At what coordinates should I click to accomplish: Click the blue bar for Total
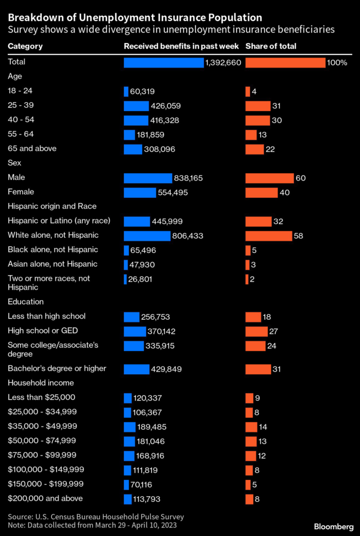click(163, 63)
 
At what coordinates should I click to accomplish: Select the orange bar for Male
click(269, 178)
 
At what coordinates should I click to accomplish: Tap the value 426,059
click(166, 106)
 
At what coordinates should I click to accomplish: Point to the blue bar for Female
click(140, 193)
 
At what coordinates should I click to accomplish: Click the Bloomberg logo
click(333, 526)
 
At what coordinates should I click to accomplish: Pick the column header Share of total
click(271, 46)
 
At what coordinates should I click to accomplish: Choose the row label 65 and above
click(32, 149)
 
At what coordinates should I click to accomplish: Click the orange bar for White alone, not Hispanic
click(268, 236)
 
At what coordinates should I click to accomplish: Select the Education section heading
click(26, 301)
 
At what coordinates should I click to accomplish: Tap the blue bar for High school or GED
click(134, 331)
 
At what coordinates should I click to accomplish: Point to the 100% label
click(337, 63)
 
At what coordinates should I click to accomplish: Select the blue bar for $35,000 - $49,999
click(129, 427)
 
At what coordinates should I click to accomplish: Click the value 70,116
click(142, 484)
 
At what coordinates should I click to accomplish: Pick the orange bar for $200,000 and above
click(249, 499)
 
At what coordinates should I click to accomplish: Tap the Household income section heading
click(41, 383)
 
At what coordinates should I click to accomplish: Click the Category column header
click(25, 46)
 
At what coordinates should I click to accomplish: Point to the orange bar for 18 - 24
click(248, 92)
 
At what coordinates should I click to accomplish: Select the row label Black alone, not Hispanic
click(53, 250)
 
